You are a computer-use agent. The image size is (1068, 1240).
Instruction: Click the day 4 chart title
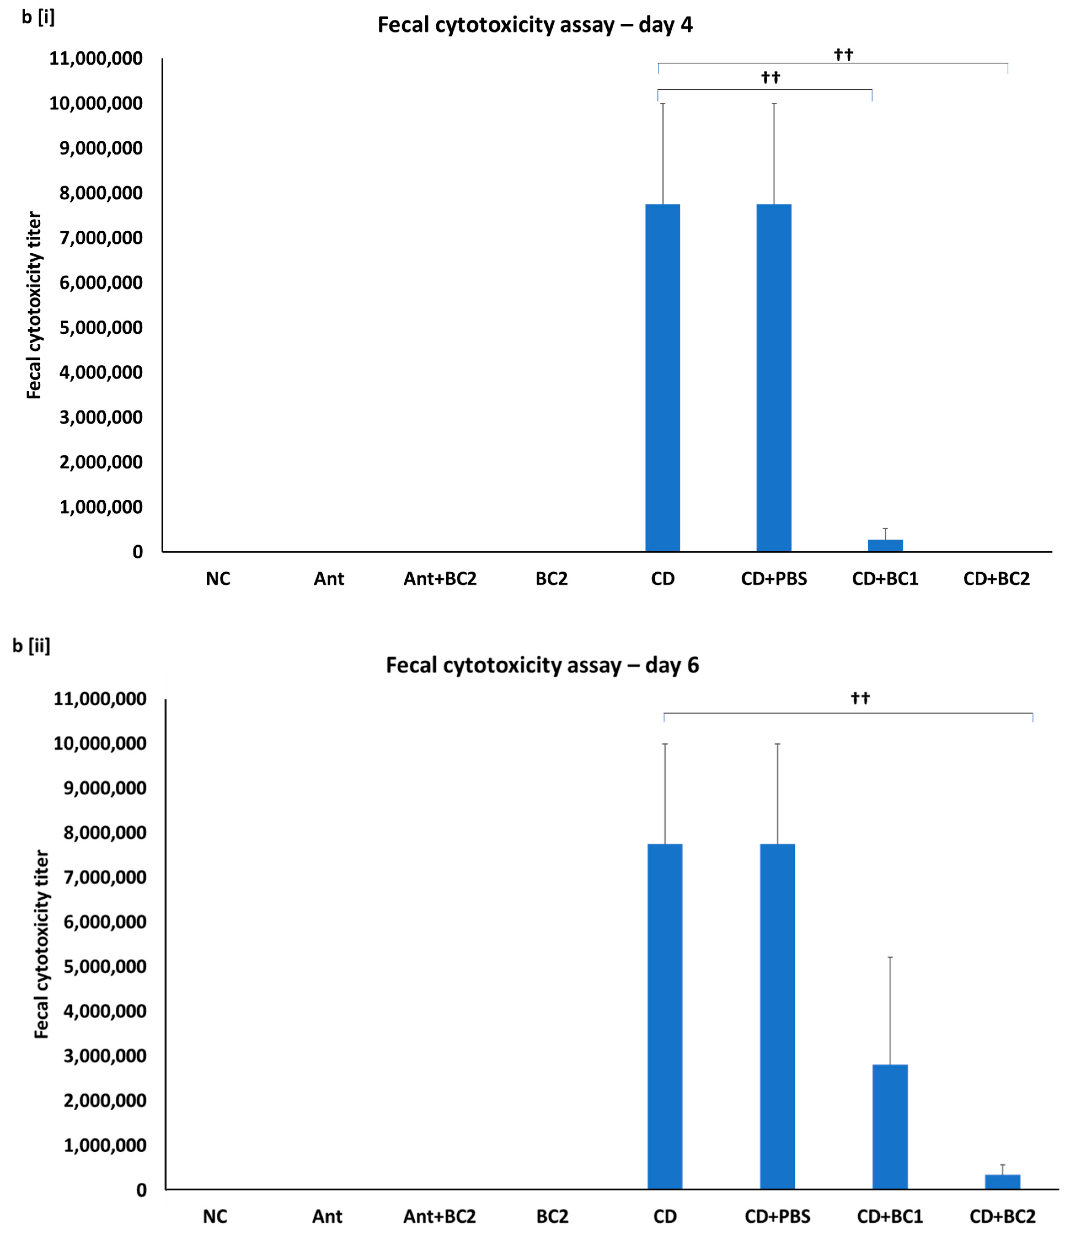(535, 25)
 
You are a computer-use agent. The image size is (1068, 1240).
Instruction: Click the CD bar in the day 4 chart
(662, 377)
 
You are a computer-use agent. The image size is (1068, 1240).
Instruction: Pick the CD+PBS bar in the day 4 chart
(773, 377)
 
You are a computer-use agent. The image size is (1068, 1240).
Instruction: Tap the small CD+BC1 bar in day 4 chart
(885, 545)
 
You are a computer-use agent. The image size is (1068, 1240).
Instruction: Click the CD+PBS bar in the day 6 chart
(777, 1017)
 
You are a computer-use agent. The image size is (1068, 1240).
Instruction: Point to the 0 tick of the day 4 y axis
(138, 552)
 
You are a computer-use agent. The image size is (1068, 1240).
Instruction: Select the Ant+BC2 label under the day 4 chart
(440, 579)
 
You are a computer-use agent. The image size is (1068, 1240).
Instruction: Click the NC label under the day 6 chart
(215, 1217)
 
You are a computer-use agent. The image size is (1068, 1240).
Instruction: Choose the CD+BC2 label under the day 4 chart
(996, 579)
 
